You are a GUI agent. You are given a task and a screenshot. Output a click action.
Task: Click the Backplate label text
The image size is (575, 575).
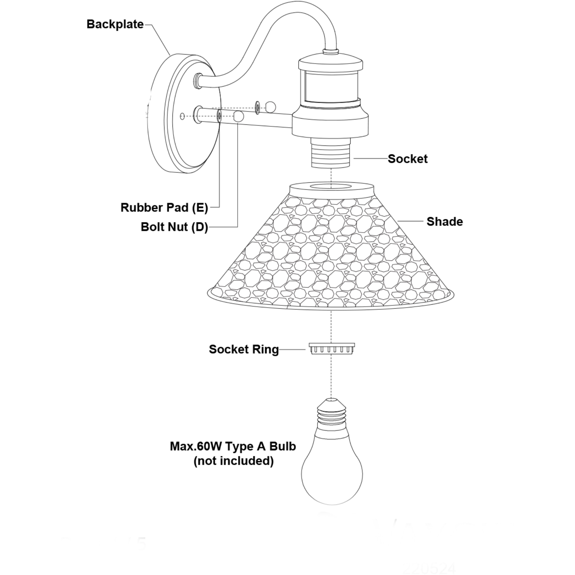pos(115,24)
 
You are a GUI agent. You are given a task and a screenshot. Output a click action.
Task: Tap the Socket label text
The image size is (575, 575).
pos(407,159)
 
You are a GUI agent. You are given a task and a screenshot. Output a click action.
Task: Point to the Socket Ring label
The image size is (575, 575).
pos(243,350)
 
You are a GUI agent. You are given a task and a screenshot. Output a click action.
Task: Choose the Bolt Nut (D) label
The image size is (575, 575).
pos(174,227)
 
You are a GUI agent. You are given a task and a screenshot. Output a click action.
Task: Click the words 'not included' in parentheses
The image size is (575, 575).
pos(233,461)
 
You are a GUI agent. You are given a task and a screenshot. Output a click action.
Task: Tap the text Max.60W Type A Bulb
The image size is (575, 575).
pos(233,447)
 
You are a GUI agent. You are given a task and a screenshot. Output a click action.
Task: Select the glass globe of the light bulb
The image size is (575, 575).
pos(332,473)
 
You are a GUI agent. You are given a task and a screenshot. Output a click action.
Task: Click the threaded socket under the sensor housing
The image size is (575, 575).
pos(331,153)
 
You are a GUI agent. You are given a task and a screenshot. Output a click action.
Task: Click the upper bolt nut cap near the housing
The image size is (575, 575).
pos(271,107)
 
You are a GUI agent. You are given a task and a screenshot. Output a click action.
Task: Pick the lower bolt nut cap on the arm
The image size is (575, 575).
pos(239,116)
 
